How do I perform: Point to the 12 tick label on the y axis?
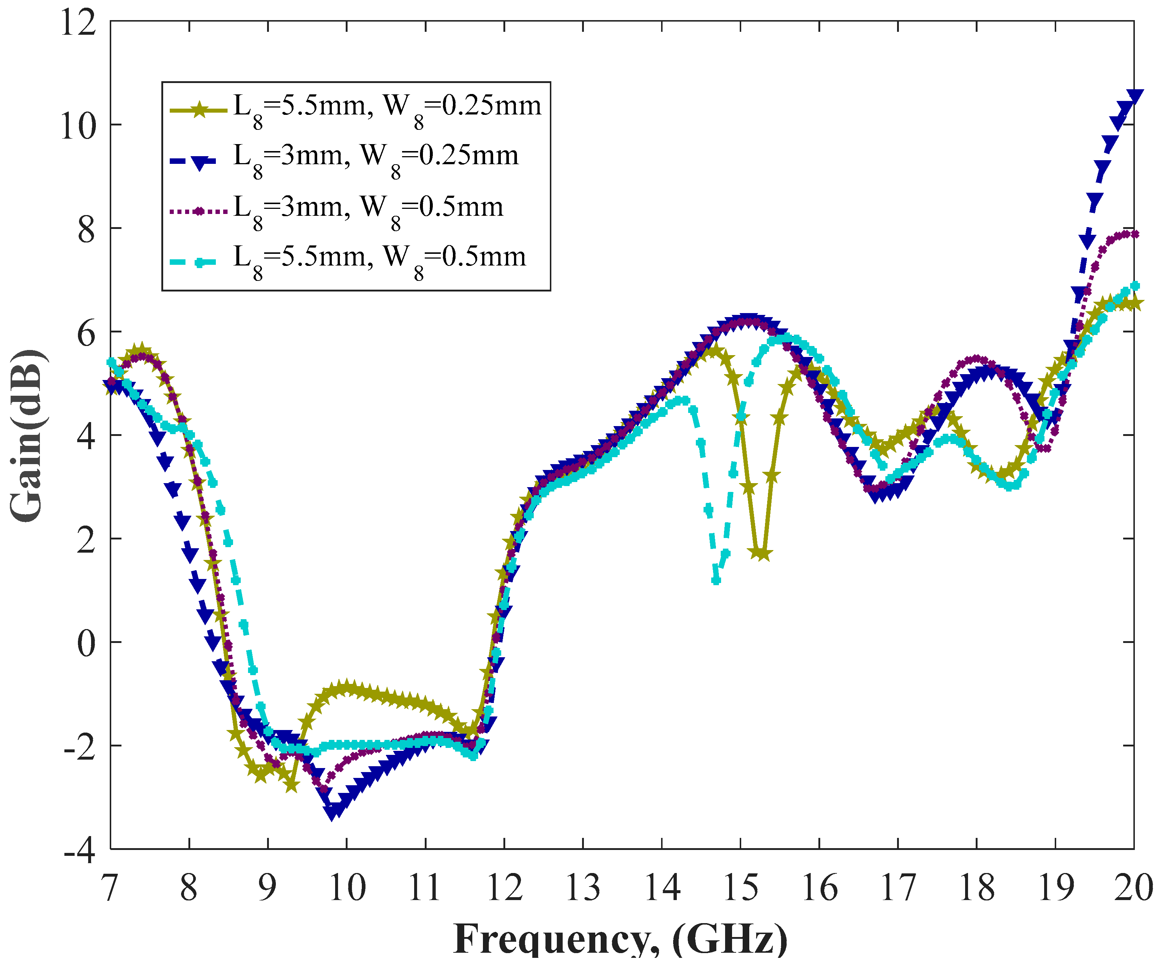click(78, 23)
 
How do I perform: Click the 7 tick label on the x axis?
click(110, 888)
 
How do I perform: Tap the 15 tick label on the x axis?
click(740, 888)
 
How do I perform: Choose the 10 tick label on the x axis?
click(346, 888)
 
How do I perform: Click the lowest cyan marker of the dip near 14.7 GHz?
click(716, 580)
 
